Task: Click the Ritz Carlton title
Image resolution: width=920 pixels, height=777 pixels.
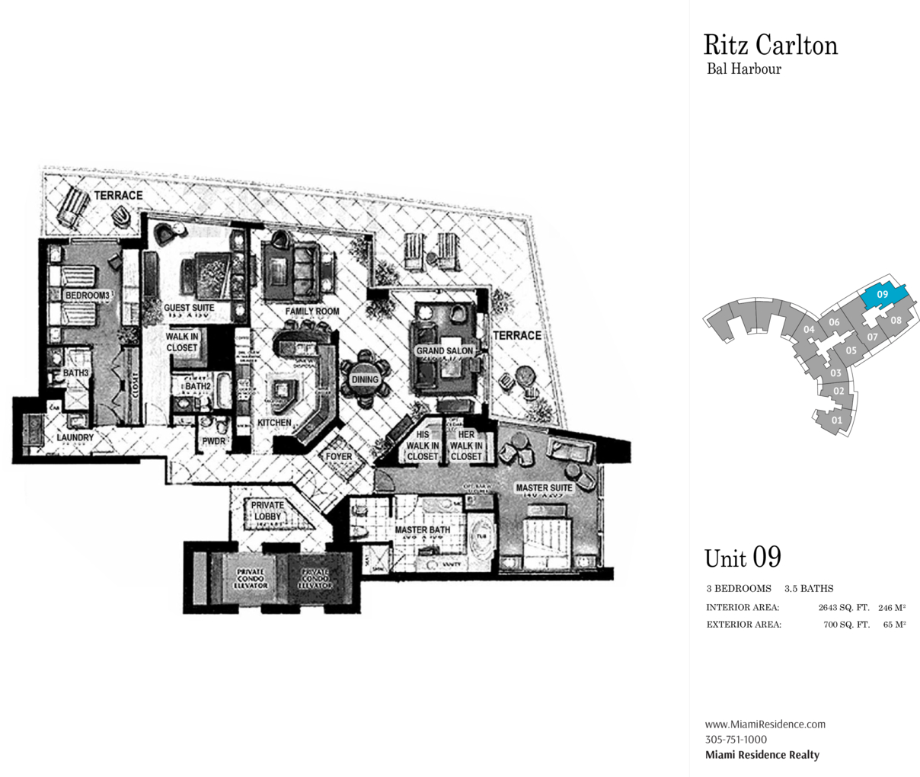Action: coord(770,46)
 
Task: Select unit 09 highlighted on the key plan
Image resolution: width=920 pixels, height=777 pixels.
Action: coord(883,294)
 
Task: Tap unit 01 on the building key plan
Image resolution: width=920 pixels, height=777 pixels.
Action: coord(836,420)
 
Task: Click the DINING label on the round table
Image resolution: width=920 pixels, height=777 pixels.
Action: coord(365,379)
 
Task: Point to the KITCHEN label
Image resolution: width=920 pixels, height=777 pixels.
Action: coord(274,422)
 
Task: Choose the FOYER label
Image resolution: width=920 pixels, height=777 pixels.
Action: coord(339,457)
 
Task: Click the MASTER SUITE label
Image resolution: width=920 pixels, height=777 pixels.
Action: coord(544,488)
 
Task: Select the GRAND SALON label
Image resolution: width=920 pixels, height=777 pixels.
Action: coord(444,351)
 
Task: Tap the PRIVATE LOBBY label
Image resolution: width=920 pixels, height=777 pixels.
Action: coord(267,510)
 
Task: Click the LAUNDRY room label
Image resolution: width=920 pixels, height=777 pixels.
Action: coord(75,437)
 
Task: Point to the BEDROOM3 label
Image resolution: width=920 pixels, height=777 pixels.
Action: coord(87,296)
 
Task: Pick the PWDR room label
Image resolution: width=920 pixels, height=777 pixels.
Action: coord(213,441)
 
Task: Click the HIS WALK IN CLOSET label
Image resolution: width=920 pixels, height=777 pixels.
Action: coord(422,446)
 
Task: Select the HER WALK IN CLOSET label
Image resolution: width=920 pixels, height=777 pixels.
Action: coord(465,446)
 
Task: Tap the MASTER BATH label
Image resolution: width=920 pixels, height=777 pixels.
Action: coord(422,529)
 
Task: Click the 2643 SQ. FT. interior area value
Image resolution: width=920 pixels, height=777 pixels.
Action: coord(843,608)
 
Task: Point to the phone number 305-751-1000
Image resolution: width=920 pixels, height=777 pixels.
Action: coord(736,739)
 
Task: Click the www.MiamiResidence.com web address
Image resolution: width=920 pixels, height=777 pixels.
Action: coord(765,724)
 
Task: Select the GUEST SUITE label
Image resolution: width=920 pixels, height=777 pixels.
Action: coord(189,309)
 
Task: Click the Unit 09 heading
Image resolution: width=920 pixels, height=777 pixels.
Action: coord(743,558)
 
